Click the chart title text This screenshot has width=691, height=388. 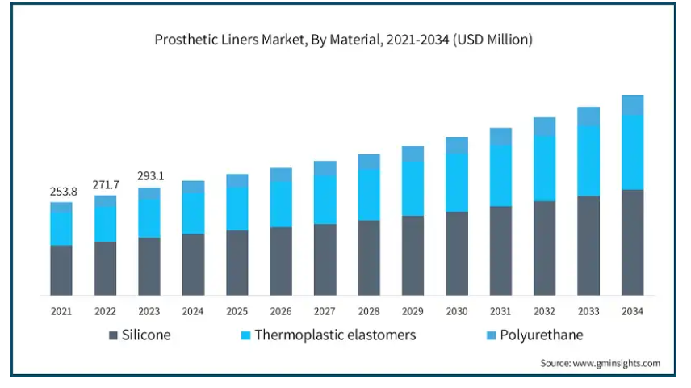(x=343, y=39)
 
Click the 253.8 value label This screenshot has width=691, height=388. (x=61, y=192)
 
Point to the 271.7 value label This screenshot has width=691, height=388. (x=105, y=185)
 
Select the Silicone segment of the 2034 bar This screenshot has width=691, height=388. (x=632, y=242)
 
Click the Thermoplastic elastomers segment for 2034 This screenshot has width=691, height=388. (x=632, y=152)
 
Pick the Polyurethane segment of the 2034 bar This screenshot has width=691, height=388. (x=632, y=105)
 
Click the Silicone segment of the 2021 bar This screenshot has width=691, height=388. (x=61, y=270)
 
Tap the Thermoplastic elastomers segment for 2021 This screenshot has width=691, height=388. (x=61, y=228)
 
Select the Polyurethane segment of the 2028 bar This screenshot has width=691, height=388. (x=369, y=162)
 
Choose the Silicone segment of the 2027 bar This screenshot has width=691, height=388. (x=325, y=259)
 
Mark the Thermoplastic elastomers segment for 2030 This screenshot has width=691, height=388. (x=456, y=182)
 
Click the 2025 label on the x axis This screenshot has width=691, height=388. (x=237, y=311)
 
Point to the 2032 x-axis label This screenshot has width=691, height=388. (x=544, y=311)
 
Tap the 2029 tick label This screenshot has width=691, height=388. (x=413, y=311)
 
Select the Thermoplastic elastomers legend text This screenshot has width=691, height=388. (x=335, y=335)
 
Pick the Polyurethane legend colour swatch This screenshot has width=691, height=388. (x=489, y=335)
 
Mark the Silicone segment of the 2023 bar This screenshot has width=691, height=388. (x=149, y=266)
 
